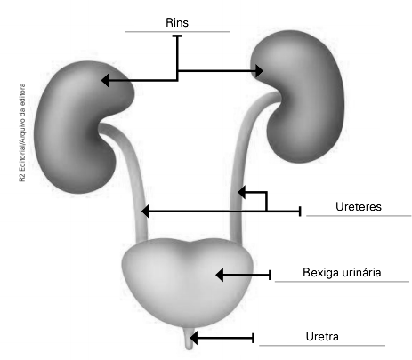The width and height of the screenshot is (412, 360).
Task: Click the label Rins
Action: point(177,22)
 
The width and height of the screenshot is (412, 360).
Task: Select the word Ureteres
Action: point(359,206)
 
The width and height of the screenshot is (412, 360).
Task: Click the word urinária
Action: point(361,272)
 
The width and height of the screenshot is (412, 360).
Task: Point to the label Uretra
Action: point(322,337)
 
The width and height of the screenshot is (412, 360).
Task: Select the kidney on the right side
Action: point(298,96)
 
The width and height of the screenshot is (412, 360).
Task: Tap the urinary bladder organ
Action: point(188,283)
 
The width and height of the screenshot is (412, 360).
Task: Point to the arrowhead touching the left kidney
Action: point(105,80)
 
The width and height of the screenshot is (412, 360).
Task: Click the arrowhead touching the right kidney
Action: point(259,71)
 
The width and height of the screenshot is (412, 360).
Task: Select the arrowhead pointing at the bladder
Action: point(220,275)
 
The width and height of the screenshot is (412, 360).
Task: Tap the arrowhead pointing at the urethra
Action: point(194,338)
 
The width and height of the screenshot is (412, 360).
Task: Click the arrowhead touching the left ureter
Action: point(145,212)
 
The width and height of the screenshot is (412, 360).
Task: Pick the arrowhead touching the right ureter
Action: point(241,192)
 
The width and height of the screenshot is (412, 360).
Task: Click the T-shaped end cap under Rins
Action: point(177,36)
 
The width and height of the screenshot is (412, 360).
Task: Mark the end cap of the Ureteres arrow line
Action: point(300,212)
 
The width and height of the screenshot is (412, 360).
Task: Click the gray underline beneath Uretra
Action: point(322,346)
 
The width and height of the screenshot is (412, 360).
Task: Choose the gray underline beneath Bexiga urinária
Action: point(342,282)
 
